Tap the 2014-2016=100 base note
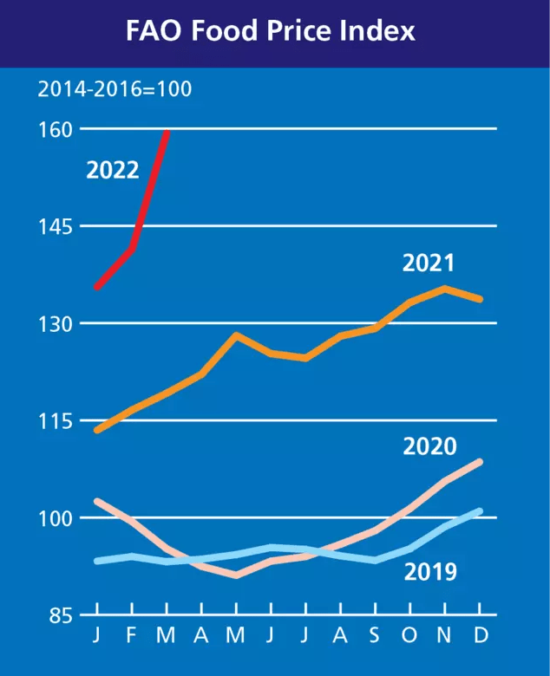115,88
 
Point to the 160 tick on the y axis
56,130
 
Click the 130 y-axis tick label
56,324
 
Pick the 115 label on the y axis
56,421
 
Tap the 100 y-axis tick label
56,518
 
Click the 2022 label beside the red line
113,170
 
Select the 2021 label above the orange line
429,263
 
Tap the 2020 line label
429,447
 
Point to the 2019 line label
430,572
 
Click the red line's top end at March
167,132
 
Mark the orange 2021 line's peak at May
236,335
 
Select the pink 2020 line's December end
480,462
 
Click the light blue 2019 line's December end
480,511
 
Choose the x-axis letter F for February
132,634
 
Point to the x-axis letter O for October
409,634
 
